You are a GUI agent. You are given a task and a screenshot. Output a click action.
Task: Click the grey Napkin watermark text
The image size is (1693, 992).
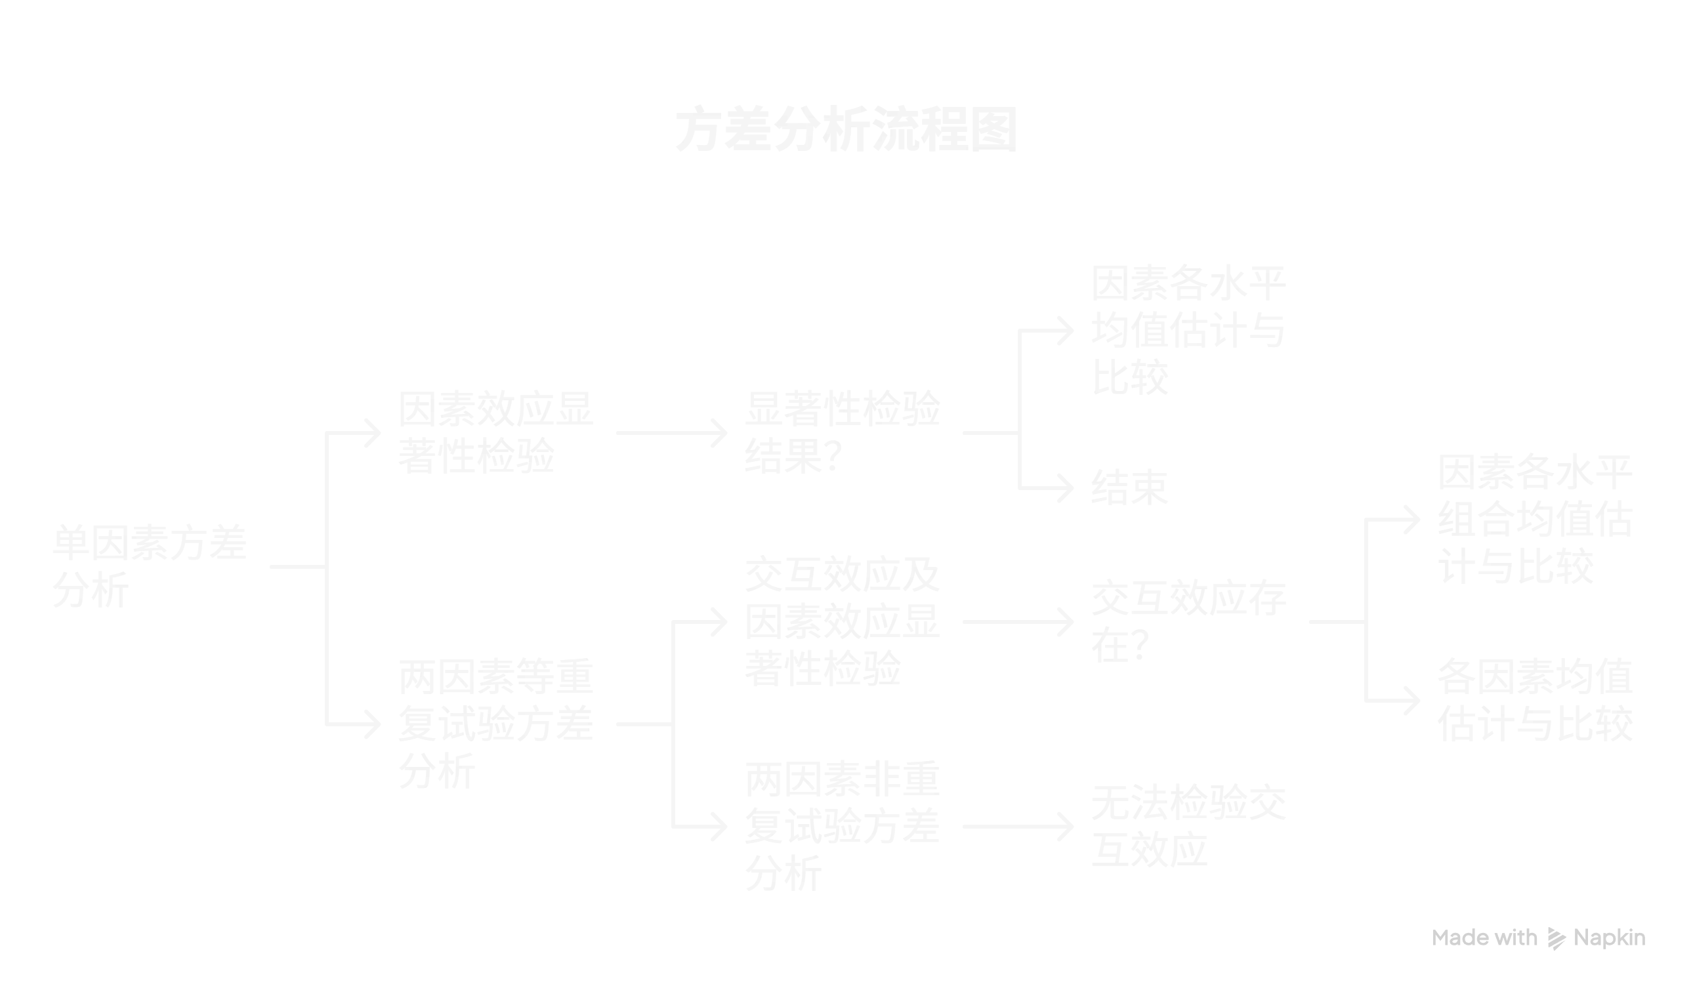1540,938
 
